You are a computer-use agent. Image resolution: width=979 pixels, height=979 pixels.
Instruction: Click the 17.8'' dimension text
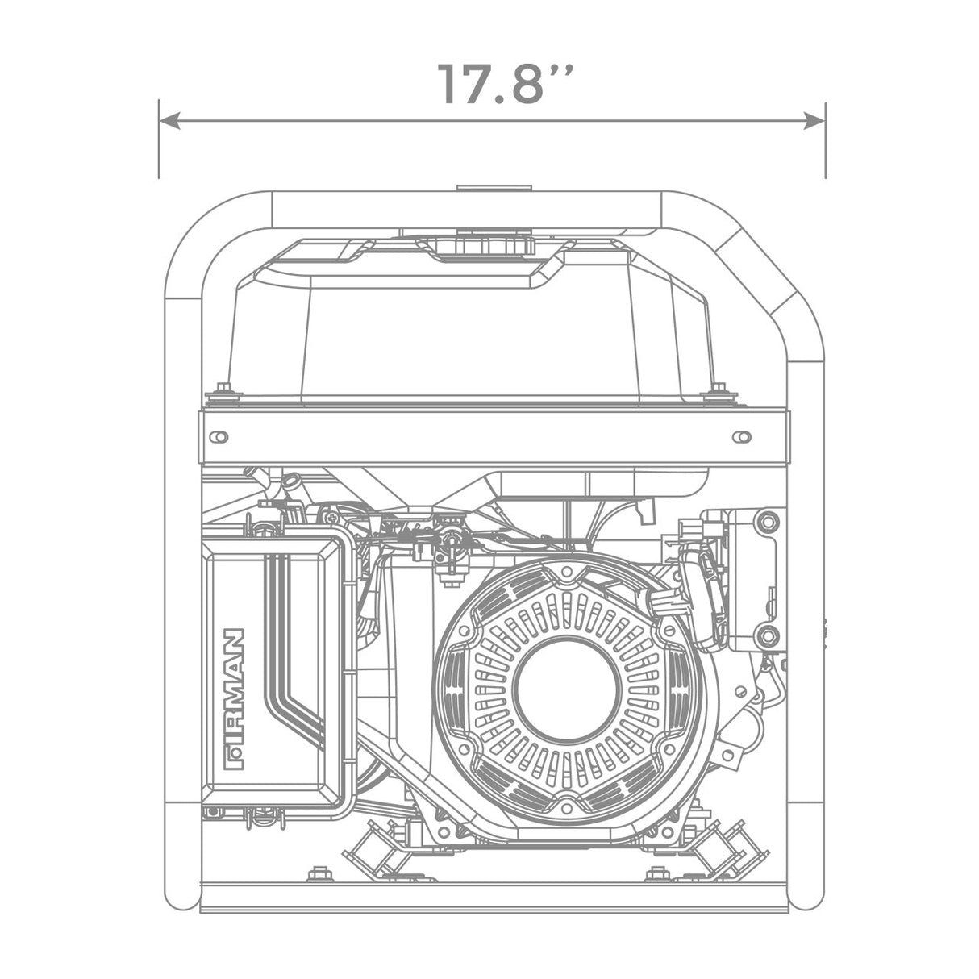[x=506, y=85]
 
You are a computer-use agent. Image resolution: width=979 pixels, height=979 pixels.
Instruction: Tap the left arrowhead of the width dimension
[x=169, y=122]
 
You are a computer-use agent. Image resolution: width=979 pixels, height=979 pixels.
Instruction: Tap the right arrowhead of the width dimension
[x=814, y=122]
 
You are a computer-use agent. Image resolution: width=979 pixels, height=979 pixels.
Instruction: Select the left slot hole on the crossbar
[x=219, y=437]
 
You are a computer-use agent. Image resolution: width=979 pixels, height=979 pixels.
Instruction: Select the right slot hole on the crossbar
[x=742, y=437]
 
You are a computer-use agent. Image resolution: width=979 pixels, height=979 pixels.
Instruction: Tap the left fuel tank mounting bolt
[x=223, y=391]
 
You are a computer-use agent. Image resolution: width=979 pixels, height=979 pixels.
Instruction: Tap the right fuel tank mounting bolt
[x=718, y=391]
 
